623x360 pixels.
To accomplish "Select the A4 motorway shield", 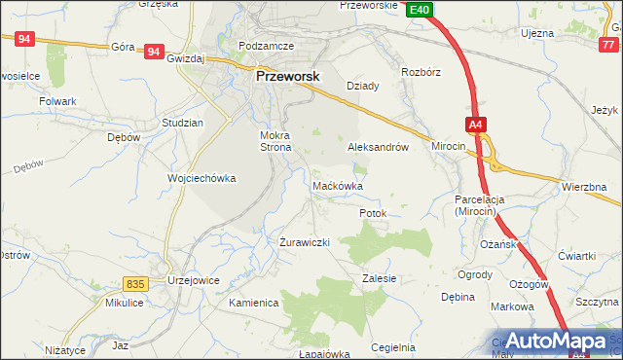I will point(474,125).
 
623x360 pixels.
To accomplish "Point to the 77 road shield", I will point(609,45).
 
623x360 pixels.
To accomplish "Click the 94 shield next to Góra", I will point(153,51).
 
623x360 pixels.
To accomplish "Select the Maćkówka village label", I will point(338,185).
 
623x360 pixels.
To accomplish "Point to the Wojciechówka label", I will point(202,179).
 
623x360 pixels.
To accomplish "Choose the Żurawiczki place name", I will point(306,241).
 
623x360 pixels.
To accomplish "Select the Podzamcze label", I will point(266,46).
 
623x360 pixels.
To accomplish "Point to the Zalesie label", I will point(379,278).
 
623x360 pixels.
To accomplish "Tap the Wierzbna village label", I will point(584,186).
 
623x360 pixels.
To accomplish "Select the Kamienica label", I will point(254,303).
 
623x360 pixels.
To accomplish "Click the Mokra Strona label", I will point(275,141).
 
